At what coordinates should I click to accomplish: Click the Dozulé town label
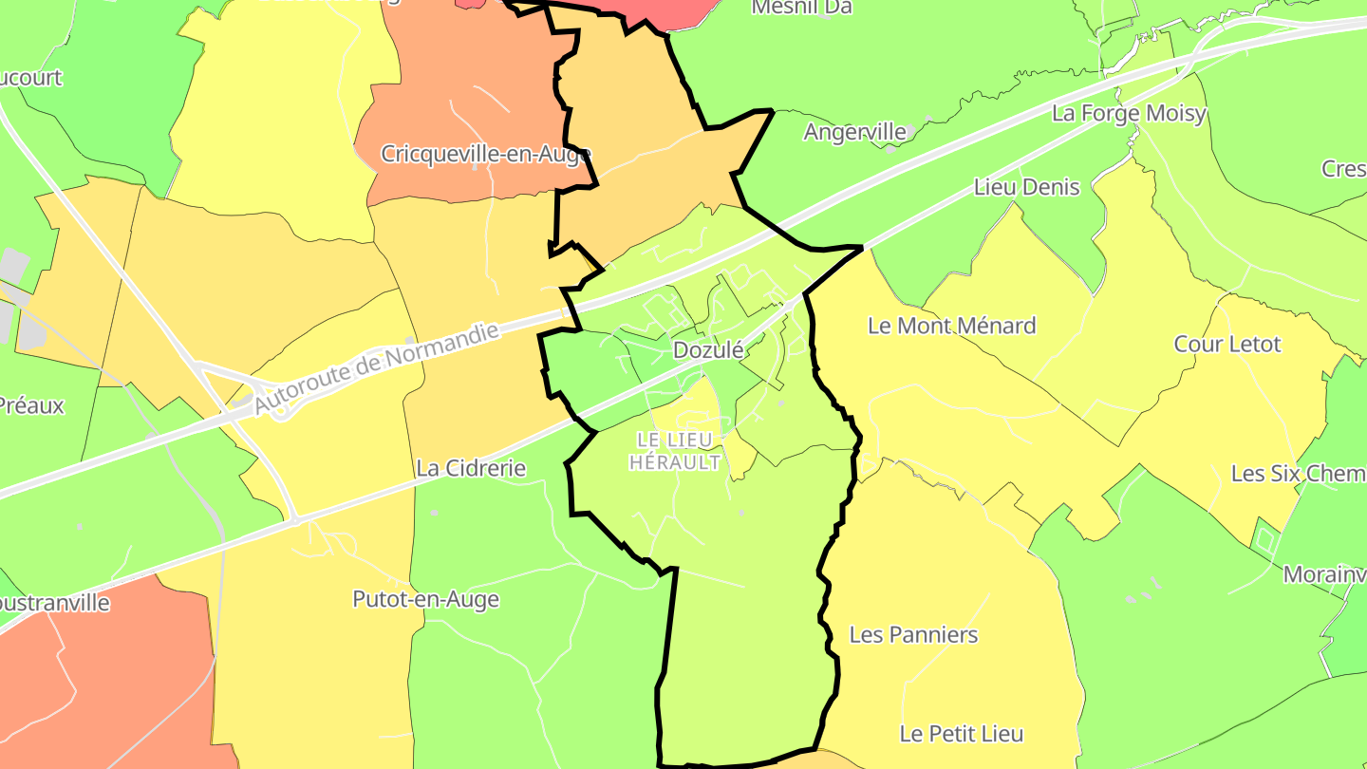click(x=707, y=350)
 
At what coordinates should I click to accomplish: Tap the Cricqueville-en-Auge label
click(x=486, y=154)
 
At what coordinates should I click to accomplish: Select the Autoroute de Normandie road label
click(x=376, y=368)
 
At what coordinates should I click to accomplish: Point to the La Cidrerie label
click(x=471, y=468)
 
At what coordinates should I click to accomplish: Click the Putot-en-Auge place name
click(x=425, y=599)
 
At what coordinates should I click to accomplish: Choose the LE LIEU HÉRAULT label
click(x=675, y=451)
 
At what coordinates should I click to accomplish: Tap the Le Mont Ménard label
click(x=951, y=326)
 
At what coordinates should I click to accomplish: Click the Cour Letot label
click(x=1227, y=344)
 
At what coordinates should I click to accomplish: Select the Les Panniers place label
click(x=913, y=634)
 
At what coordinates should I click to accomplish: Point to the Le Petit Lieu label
click(x=962, y=734)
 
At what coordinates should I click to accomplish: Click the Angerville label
click(x=854, y=132)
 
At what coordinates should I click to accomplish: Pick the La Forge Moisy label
click(x=1129, y=114)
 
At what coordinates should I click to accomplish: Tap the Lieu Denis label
click(x=1027, y=187)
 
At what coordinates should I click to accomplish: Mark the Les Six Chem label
click(x=1298, y=473)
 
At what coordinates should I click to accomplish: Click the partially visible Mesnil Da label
click(x=801, y=8)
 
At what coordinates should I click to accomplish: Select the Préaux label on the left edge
click(x=31, y=405)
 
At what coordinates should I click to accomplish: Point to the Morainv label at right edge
click(x=1324, y=574)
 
